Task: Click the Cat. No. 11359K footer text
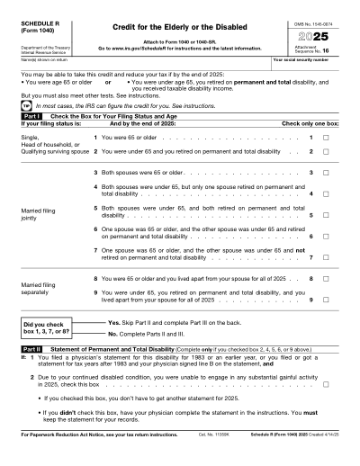tap(214, 459)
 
